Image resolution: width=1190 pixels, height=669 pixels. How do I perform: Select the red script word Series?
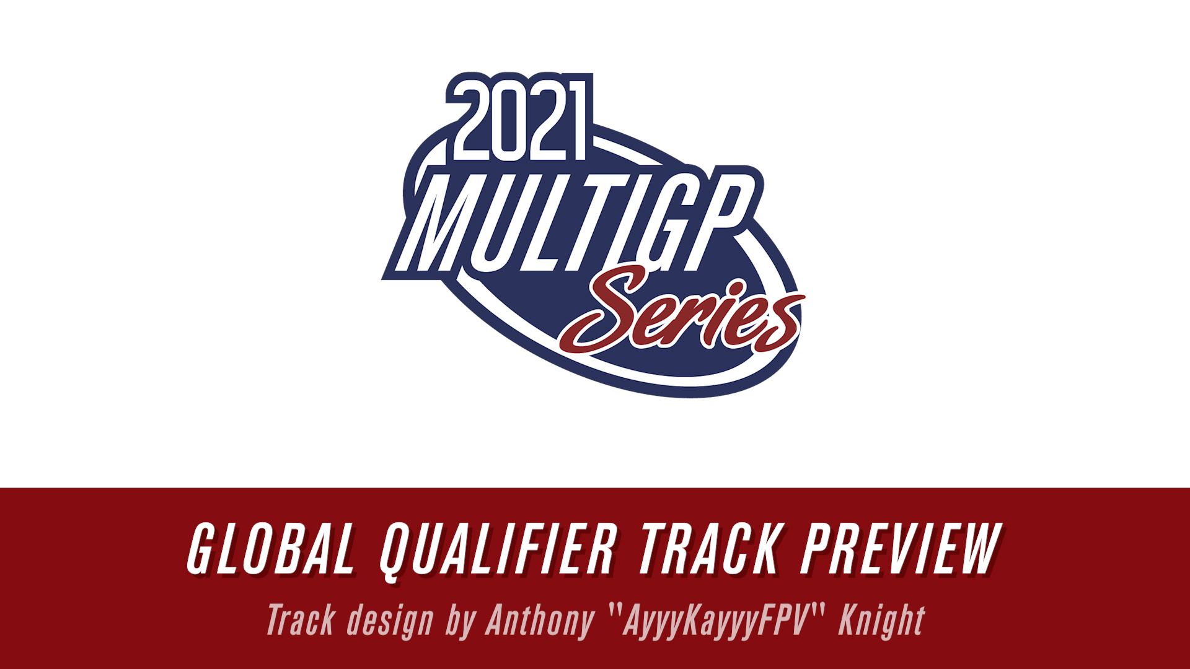coord(682,310)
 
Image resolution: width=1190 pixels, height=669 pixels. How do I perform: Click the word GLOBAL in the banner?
coord(271,549)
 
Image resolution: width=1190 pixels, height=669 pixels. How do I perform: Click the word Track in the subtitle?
coord(301,620)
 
